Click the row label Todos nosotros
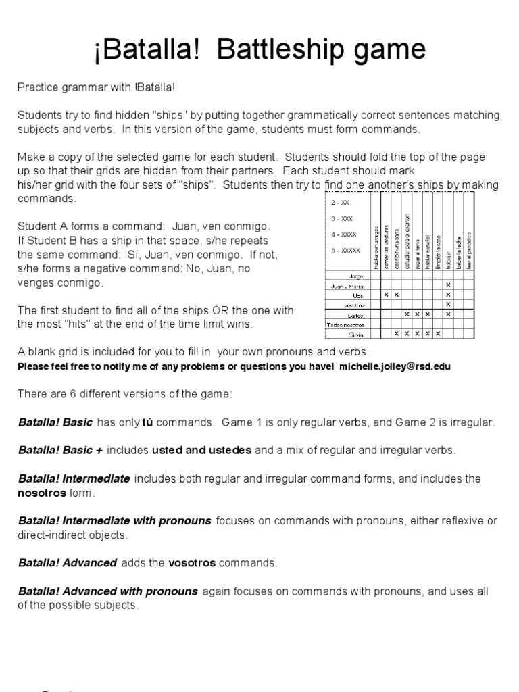click(x=345, y=324)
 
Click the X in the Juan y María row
click(x=448, y=285)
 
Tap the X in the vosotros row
click(x=448, y=304)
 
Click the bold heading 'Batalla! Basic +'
click(x=59, y=449)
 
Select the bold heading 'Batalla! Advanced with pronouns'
click(x=108, y=591)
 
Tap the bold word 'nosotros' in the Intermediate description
click(x=42, y=493)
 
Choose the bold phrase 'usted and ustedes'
click(x=201, y=449)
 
